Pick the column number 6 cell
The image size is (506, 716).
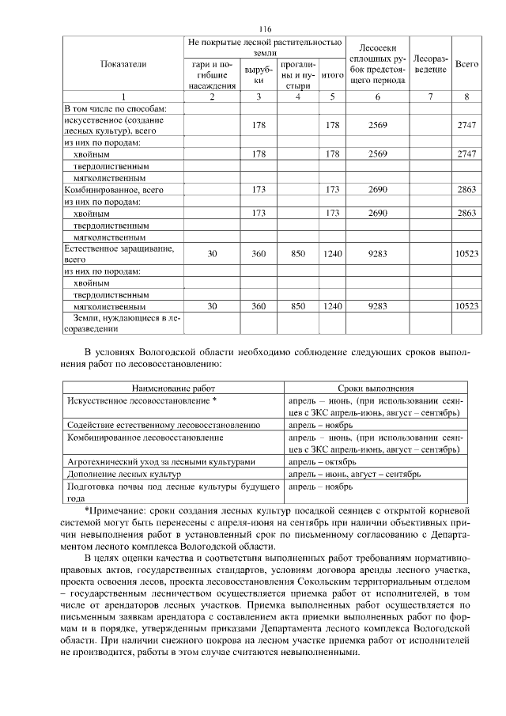(x=378, y=96)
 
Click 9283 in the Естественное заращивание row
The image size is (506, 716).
(x=378, y=252)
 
